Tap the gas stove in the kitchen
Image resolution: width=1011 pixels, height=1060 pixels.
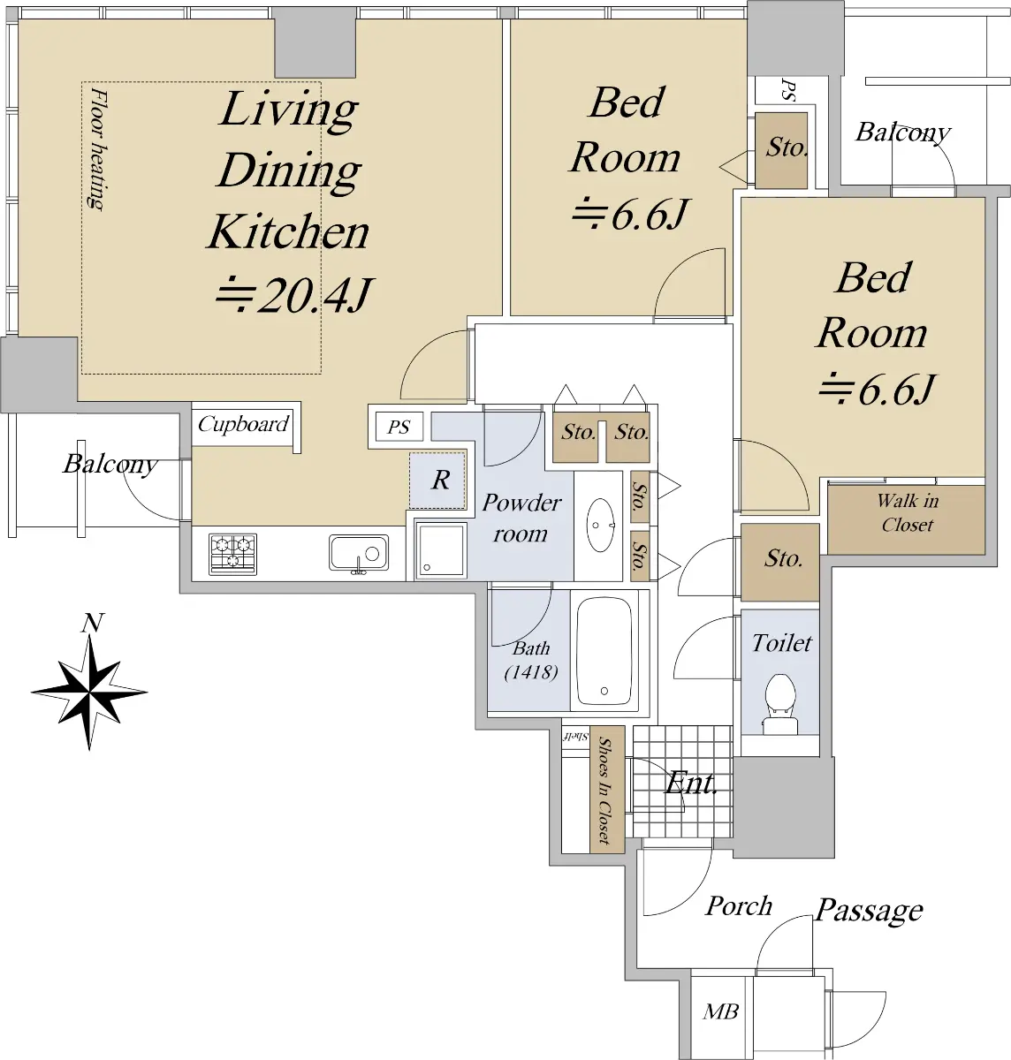232,554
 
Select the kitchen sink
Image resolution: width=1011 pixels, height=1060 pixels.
358,553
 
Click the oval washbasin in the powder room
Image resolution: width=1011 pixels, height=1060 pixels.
600,525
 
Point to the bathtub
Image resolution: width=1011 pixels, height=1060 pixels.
604,650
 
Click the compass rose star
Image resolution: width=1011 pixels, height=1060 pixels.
89,692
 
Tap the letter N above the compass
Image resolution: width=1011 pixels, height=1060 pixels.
92,623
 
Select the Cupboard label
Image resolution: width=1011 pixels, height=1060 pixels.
243,424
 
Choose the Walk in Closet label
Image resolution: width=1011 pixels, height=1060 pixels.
908,512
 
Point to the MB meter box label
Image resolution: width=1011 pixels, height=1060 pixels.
721,1011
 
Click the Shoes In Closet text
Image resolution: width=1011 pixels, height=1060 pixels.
605,790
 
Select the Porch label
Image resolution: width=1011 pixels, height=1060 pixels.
739,905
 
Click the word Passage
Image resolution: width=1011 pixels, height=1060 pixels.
869,911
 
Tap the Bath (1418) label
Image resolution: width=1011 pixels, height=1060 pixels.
531,661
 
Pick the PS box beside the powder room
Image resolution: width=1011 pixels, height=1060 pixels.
399,427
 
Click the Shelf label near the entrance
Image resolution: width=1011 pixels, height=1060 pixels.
575,736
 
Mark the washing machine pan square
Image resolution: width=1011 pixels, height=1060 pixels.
441,550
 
